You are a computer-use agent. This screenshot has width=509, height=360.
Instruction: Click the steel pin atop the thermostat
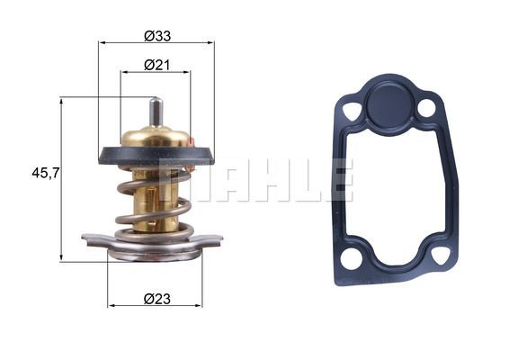coord(156,112)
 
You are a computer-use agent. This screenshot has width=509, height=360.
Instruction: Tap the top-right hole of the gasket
coord(426,108)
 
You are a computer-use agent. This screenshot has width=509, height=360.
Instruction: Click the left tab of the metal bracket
coord(93,239)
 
